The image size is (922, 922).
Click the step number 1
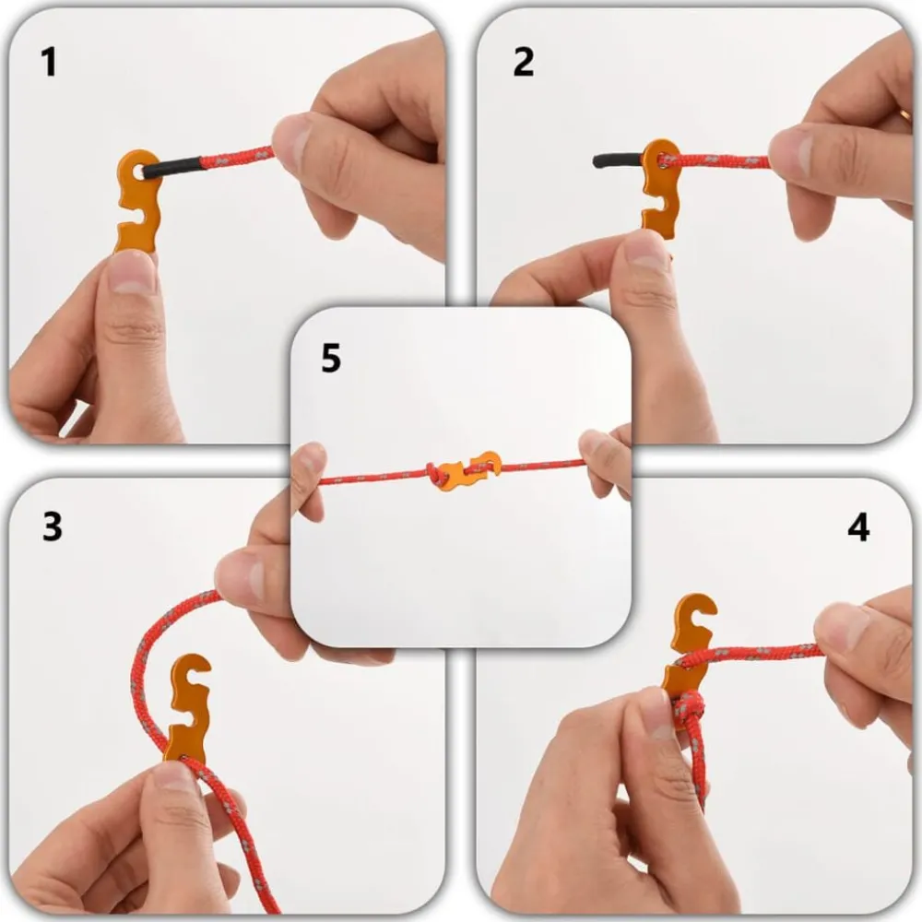tap(49, 63)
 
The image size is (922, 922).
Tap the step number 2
tap(524, 63)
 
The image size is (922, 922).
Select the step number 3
tap(53, 526)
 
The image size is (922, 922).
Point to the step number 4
tap(858, 527)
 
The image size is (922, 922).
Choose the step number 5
tap(331, 358)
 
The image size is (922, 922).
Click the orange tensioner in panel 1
tap(139, 201)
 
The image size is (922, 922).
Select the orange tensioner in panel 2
tap(661, 188)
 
